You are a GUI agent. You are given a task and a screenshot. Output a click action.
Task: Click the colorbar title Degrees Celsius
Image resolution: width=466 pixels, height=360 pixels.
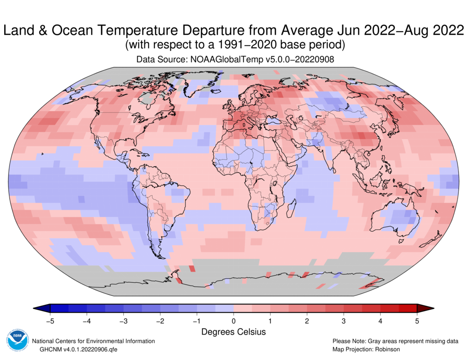pyautogui.click(x=233, y=332)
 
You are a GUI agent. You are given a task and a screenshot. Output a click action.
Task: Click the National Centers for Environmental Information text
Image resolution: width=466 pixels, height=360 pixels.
pyautogui.click(x=93, y=341)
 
